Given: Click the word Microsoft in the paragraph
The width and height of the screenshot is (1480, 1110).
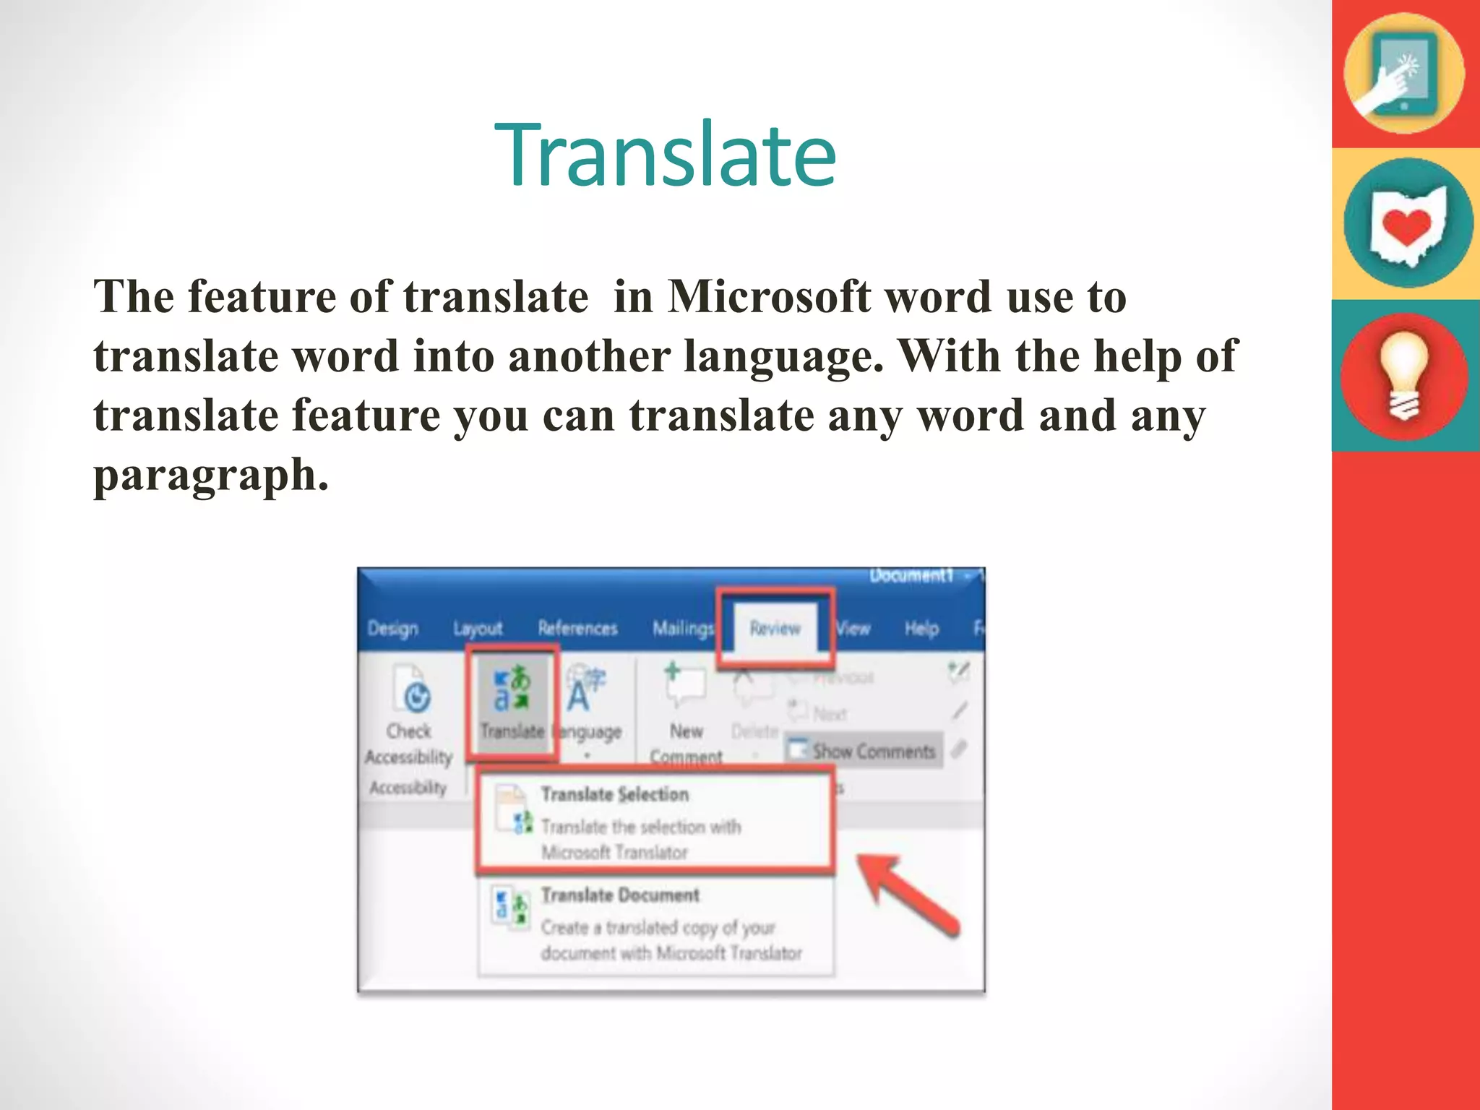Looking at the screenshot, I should point(768,296).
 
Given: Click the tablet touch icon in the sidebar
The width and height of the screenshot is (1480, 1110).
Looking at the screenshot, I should point(1403,74).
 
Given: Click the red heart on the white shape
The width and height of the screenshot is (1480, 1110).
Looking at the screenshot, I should point(1406,225).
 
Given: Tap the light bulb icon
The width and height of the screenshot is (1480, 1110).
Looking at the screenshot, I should point(1403,376).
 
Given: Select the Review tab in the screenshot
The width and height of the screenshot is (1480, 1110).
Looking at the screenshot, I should point(775,628).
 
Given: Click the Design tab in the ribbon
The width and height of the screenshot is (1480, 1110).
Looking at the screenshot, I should point(392,628).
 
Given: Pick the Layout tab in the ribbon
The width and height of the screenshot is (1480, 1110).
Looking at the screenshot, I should point(478,628).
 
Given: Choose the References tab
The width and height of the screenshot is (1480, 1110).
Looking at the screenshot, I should point(577,628).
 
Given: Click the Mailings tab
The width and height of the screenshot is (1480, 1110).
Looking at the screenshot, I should point(683,628).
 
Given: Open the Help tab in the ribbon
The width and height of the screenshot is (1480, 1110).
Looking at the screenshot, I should point(921,628).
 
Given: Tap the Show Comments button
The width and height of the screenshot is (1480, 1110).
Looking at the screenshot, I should point(864,752).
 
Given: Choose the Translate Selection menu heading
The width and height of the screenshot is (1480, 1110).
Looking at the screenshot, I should point(615,794).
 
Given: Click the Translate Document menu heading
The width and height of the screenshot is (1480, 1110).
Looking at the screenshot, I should point(620,895).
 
